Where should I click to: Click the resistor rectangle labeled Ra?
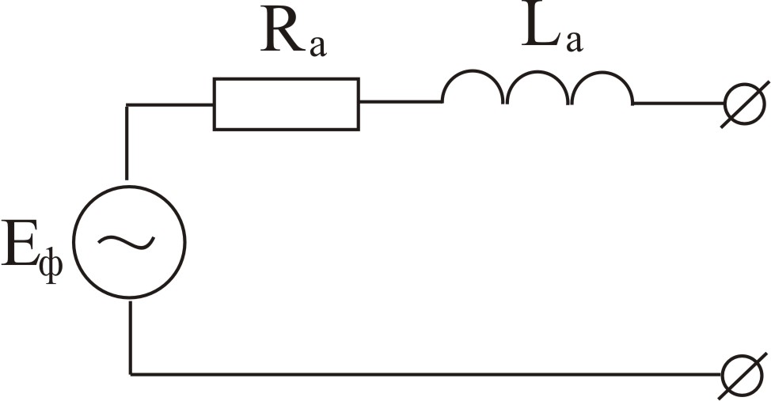(287, 104)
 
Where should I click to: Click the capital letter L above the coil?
(542, 29)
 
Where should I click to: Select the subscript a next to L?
(575, 41)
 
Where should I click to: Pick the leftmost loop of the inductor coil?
(473, 87)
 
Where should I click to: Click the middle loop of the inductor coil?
(538, 87)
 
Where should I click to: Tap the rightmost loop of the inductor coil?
(602, 87)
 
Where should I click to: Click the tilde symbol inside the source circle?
(127, 240)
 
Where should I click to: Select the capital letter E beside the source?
(19, 243)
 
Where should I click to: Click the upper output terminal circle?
(745, 104)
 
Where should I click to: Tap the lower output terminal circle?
(743, 375)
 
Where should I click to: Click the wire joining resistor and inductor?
(401, 102)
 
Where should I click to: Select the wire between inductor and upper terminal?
(678, 104)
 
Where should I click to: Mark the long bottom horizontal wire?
(426, 374)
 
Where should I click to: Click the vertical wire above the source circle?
(127, 142)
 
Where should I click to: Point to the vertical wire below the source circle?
(131, 337)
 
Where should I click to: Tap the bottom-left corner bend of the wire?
(131, 374)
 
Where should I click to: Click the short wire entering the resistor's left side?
(169, 104)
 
